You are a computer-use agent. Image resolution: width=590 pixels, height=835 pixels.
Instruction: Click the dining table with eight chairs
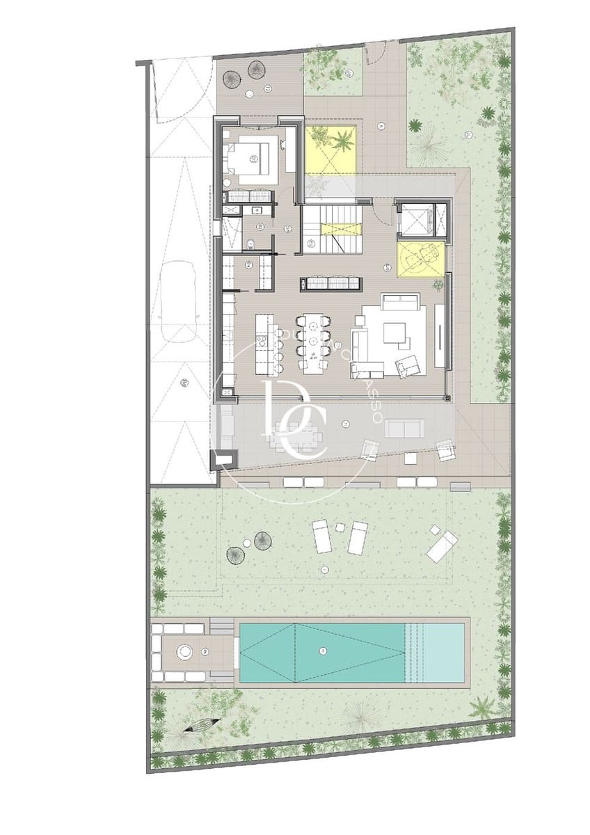point(314,341)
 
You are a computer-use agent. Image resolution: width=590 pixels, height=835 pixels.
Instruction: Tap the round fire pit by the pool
point(186,652)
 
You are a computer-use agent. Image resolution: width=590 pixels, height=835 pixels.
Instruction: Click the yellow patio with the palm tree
point(331,149)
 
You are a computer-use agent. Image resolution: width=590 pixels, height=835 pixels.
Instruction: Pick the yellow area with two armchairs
point(420,258)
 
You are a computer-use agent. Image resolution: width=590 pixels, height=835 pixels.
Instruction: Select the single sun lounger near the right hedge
point(441,545)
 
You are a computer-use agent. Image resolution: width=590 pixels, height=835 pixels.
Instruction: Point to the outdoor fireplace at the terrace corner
point(225,459)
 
